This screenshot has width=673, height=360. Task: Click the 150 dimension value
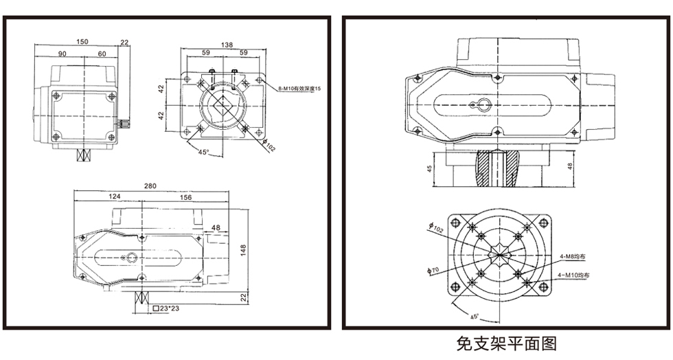pyautogui.click(x=82, y=42)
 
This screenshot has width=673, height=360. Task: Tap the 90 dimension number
pyautogui.click(x=62, y=54)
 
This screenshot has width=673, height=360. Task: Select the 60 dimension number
pyautogui.click(x=102, y=54)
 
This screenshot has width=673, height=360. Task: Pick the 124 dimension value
pyautogui.click(x=115, y=197)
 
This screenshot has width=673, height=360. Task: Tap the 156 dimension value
pyautogui.click(x=185, y=197)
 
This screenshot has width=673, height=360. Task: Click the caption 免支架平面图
pyautogui.click(x=506, y=343)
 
